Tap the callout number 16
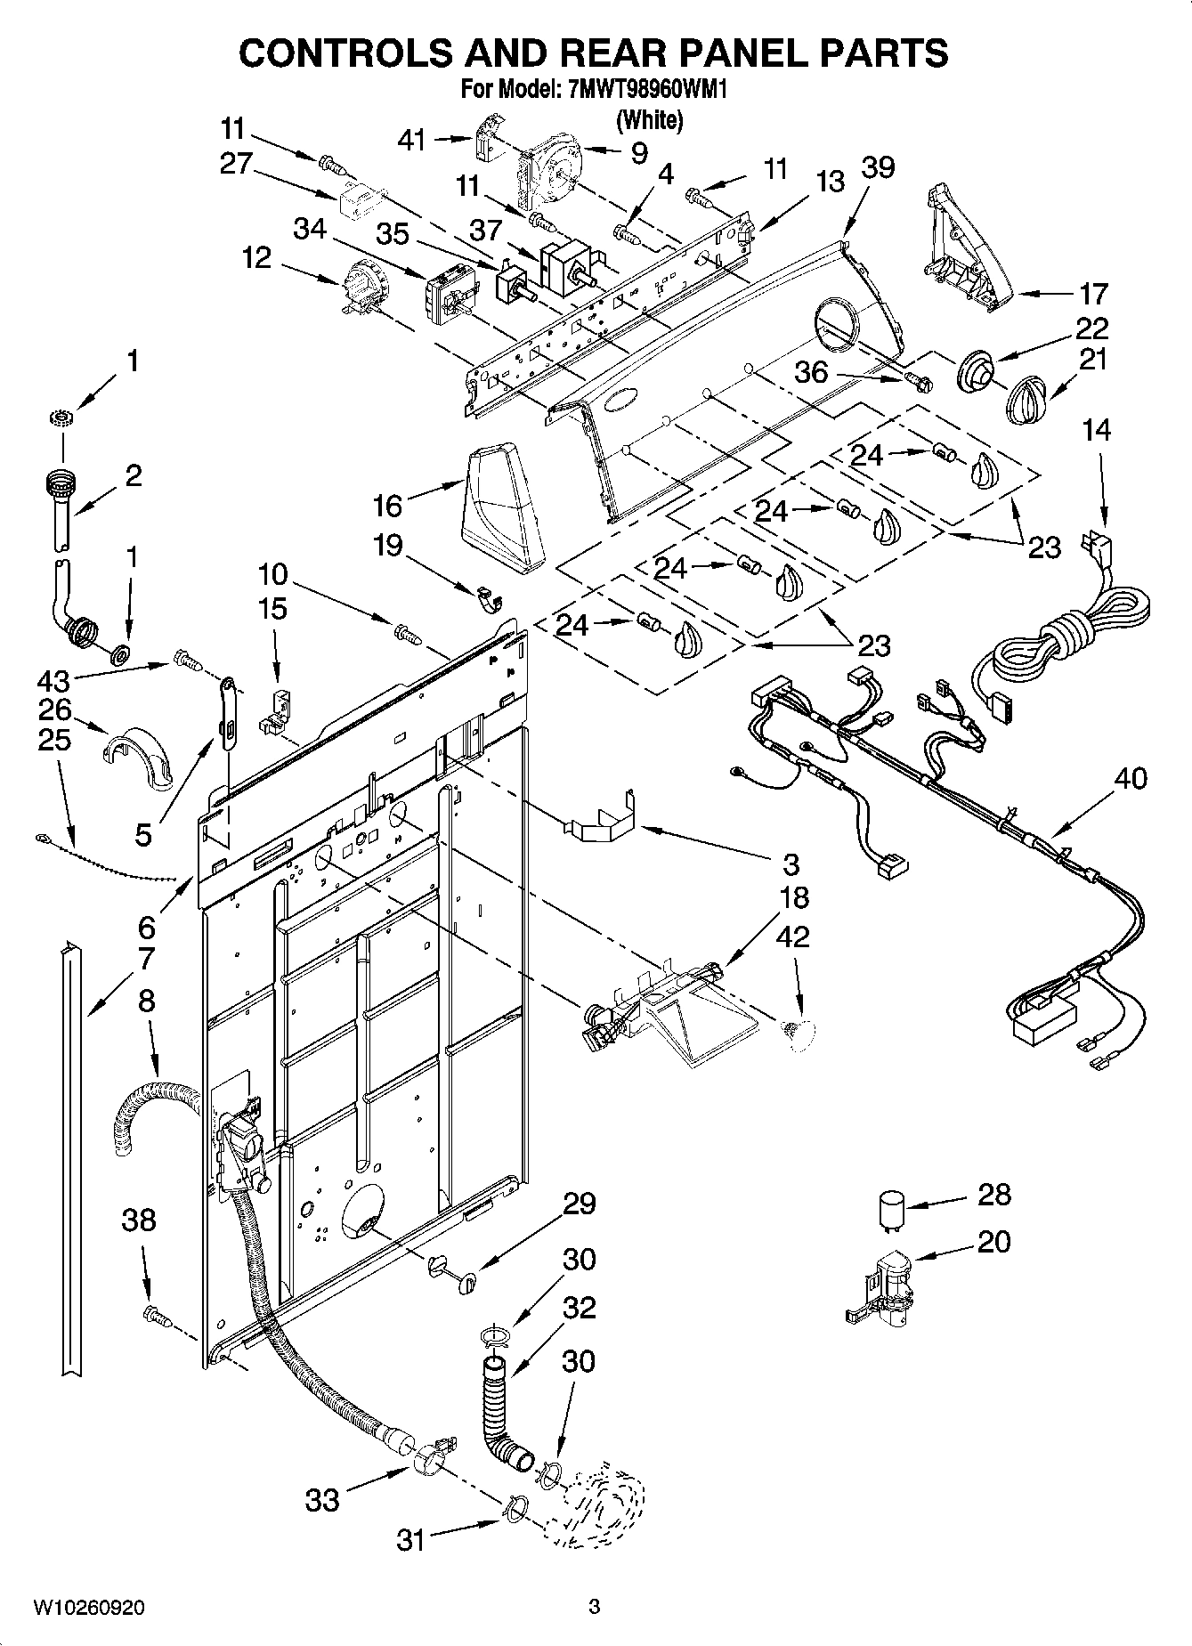pos(388,506)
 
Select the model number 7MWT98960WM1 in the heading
pos(640,90)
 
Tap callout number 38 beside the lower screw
pos(139,1220)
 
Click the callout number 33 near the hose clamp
pos(322,1500)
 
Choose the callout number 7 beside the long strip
pos(146,960)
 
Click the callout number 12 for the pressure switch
pos(256,258)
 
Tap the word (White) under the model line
pos(649,118)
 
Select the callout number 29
pos(580,1204)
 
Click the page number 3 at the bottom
pos(595,1607)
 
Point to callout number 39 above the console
pos(878,167)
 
